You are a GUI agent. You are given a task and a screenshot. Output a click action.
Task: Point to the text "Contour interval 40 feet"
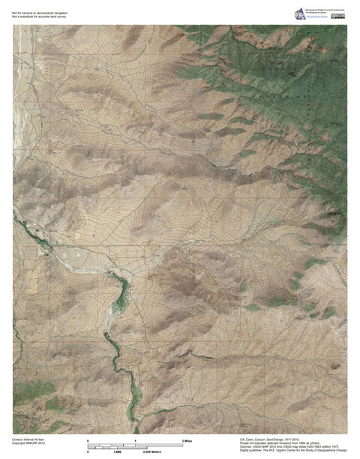coord(29,437)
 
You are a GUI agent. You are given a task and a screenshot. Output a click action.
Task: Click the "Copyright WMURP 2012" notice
coord(29,442)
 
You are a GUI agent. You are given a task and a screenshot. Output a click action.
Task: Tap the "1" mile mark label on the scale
coord(136,439)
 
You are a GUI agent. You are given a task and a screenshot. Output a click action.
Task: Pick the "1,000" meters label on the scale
coord(117,450)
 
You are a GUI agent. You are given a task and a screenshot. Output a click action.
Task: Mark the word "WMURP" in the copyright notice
coord(34,442)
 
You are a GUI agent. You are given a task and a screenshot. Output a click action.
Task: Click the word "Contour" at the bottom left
coord(18,437)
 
